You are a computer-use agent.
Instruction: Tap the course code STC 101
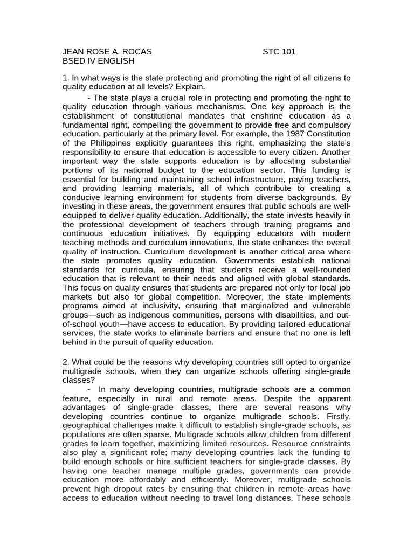[x=279, y=52]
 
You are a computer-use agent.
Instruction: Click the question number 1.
[x=65, y=78]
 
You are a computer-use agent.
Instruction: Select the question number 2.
[x=65, y=361]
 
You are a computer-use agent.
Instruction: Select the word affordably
[x=146, y=480]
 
